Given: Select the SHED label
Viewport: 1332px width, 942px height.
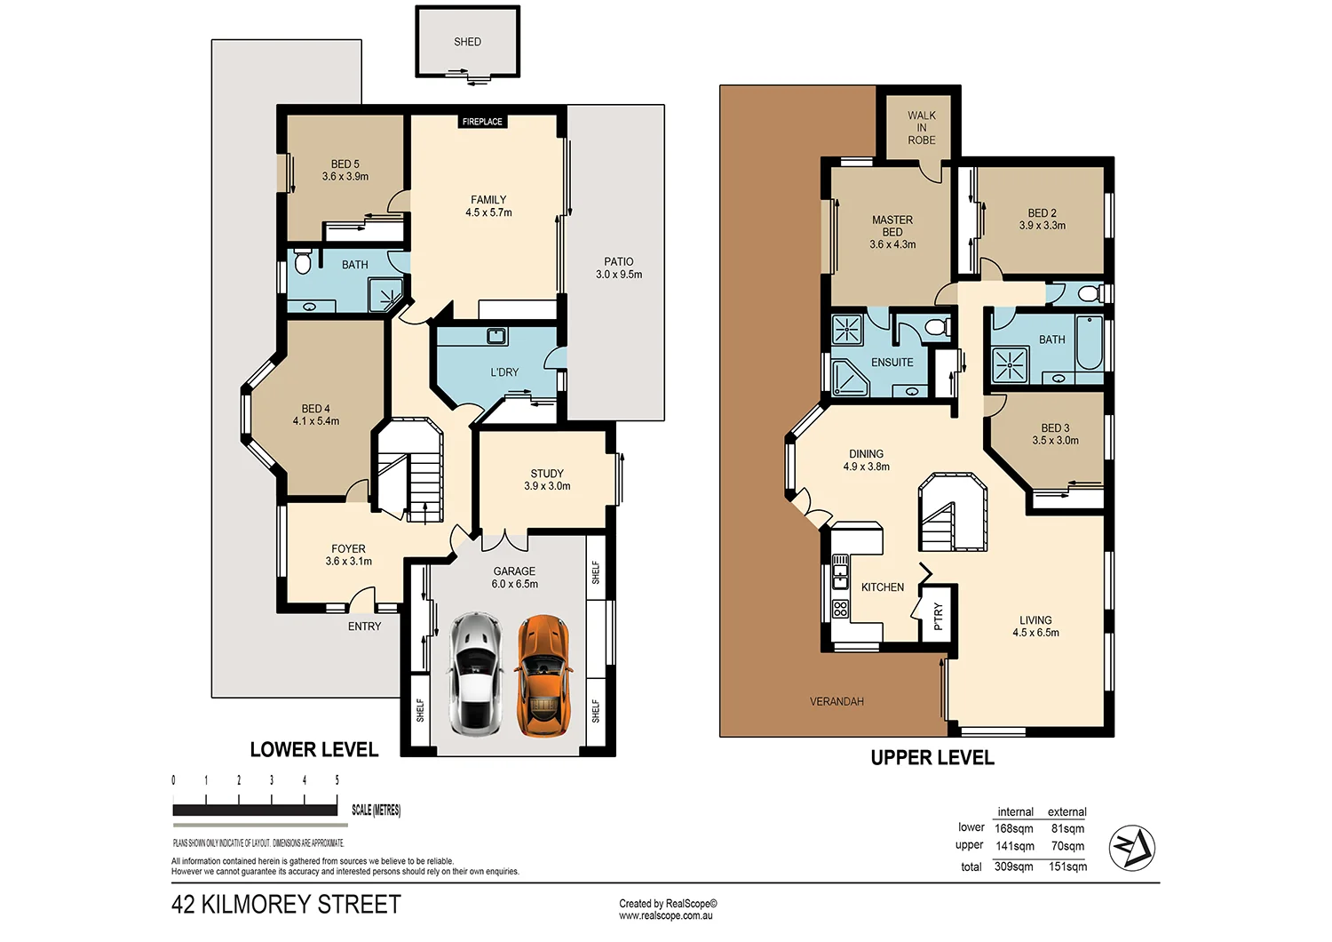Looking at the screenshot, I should point(467,42).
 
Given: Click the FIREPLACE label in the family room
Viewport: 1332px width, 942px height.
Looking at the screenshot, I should point(482,122).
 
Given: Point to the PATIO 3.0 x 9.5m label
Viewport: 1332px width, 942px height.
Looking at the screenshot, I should point(619,268).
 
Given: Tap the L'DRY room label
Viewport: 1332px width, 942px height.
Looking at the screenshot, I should point(504,372).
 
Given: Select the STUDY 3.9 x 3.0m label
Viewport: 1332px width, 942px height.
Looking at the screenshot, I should point(547,480).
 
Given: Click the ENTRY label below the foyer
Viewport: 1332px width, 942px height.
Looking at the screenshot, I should point(364,627).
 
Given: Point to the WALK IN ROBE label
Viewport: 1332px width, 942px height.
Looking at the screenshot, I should point(922,128).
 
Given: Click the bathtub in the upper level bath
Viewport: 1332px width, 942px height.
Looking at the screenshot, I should point(1089,343).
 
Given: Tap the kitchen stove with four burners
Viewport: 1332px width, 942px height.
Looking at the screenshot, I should point(840,609).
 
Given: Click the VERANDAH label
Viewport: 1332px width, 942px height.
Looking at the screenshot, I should point(836,702).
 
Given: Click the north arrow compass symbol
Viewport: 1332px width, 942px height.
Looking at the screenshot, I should point(1133,848).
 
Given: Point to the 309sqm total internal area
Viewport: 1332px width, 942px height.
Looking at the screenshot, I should point(1013,866).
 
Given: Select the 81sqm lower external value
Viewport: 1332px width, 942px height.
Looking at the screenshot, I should point(1067,828).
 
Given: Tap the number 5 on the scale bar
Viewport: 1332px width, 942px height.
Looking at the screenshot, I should point(337,780).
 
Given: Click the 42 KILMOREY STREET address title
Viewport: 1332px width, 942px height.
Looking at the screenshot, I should point(286,905).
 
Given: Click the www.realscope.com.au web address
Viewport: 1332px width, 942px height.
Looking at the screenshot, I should point(666,915).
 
